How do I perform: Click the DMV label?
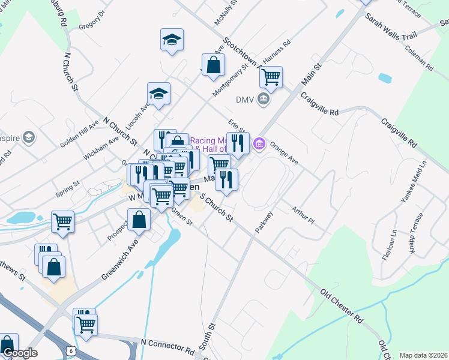244,100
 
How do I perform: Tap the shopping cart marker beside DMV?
271,77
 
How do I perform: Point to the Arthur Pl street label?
303,215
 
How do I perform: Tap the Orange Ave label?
284,152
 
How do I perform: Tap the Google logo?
20,353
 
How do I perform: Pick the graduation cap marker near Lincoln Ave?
159,94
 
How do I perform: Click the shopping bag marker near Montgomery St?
213,65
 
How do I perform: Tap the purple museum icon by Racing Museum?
259,143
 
